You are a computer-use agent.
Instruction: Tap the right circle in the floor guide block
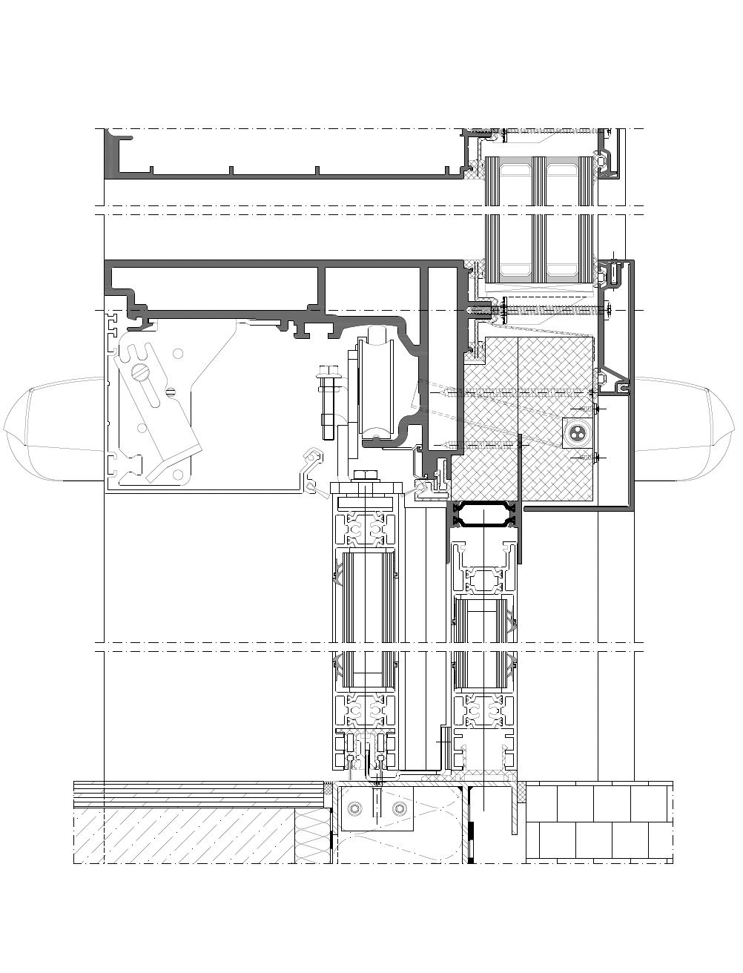pos(401,808)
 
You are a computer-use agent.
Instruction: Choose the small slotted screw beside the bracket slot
pos(171,392)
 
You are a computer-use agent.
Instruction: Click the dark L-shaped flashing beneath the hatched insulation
pos(578,508)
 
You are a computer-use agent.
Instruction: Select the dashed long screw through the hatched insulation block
pos(519,392)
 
